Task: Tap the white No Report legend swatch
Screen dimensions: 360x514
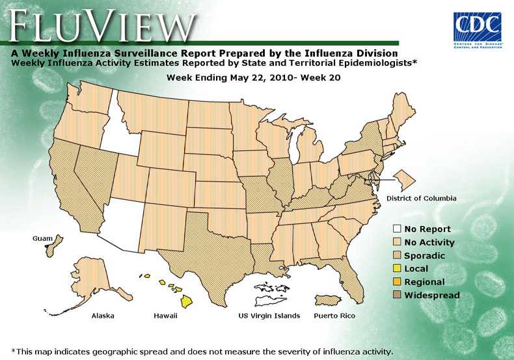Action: click(x=396, y=229)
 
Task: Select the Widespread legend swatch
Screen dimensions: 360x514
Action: click(x=396, y=295)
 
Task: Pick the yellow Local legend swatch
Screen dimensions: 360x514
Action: click(x=396, y=268)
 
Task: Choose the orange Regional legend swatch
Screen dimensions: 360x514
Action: click(x=396, y=282)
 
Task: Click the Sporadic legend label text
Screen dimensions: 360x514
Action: click(x=424, y=256)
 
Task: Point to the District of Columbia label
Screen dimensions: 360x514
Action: click(x=422, y=198)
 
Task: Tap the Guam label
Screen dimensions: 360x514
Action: click(x=42, y=239)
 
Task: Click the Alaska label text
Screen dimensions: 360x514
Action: click(x=103, y=316)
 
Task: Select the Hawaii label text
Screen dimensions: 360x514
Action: click(x=165, y=316)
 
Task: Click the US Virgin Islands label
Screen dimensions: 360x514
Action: click(x=269, y=316)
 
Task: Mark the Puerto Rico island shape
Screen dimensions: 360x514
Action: click(x=328, y=300)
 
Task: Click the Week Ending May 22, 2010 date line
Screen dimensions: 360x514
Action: click(x=254, y=77)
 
